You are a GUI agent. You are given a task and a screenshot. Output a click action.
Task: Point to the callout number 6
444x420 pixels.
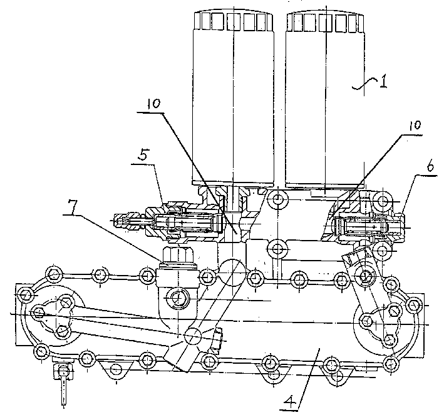click(430, 167)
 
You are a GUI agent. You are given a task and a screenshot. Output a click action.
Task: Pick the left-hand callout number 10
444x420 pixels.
click(153, 104)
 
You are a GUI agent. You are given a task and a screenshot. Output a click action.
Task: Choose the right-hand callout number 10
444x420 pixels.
click(415, 125)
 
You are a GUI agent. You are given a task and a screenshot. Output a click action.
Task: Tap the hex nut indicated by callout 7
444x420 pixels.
click(178, 254)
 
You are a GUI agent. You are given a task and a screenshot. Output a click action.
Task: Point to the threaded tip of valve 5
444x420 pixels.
click(121, 221)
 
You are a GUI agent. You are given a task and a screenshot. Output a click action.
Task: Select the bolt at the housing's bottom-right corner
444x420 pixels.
click(391, 362)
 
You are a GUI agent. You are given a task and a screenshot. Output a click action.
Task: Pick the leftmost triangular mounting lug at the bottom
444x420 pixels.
click(115, 369)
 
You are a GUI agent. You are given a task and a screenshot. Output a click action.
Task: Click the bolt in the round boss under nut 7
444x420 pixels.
click(178, 298)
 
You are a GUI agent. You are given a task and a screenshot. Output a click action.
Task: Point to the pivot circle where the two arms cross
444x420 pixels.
click(193, 336)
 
